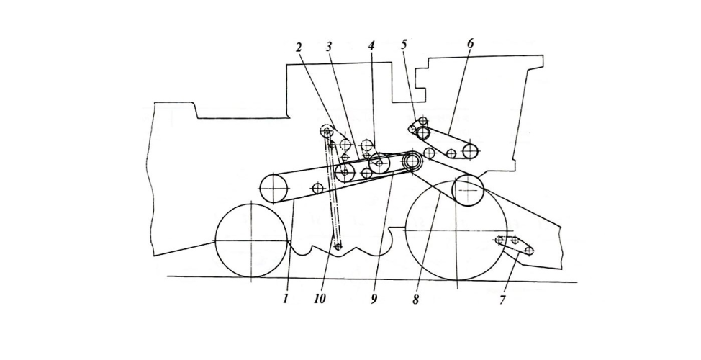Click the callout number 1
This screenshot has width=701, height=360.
tap(285, 298)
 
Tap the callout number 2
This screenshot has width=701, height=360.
tap(299, 47)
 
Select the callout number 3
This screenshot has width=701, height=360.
tap(330, 47)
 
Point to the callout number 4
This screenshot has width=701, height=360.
tap(371, 45)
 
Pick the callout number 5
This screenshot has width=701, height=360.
tap(404, 44)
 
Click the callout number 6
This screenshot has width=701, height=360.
tap(470, 43)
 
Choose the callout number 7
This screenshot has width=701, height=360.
tap(502, 300)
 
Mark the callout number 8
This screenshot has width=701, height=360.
tap(416, 300)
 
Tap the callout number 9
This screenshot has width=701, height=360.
tap(374, 299)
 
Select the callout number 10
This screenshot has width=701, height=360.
tap(320, 298)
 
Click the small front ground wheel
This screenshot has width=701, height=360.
tap(250, 240)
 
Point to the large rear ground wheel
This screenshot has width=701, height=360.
tap(456, 230)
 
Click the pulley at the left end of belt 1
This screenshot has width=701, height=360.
tap(273, 189)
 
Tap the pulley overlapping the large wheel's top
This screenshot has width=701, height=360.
tap(468, 191)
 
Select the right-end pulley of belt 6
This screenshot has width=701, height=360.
tap(470, 151)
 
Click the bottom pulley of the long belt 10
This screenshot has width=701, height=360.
tap(338, 246)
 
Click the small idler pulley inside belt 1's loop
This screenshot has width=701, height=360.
tap(317, 188)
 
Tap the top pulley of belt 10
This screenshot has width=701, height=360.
tap(327, 131)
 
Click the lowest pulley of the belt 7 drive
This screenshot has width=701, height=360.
tap(529, 251)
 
